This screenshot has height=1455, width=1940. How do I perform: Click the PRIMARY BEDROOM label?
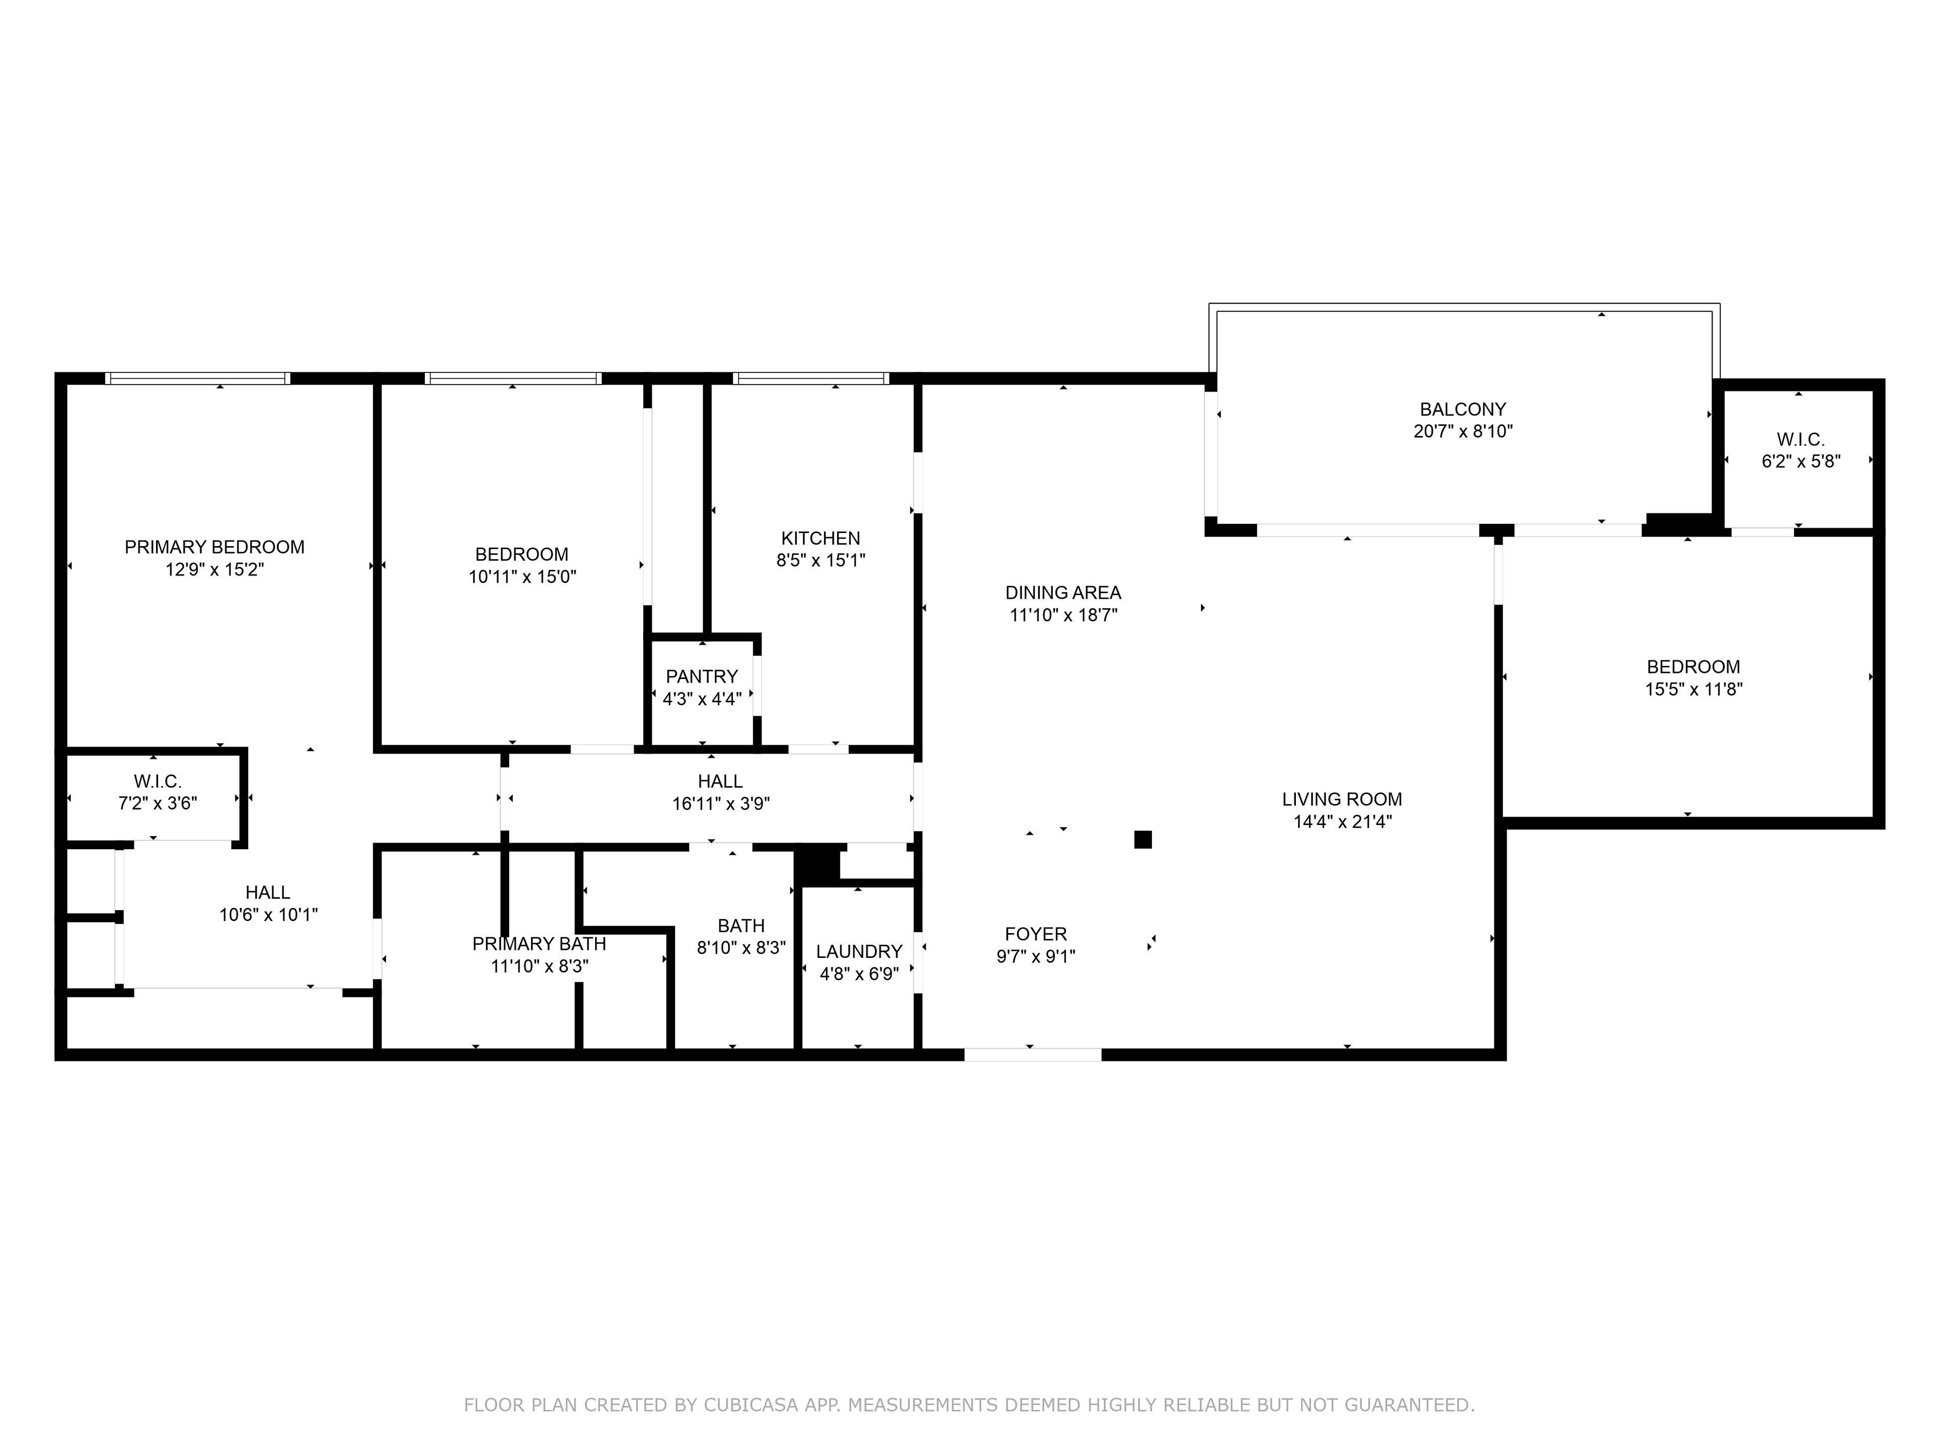click(x=214, y=547)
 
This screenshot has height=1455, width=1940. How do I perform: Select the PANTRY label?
click(x=702, y=676)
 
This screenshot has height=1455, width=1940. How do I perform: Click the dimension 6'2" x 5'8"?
click(x=1801, y=461)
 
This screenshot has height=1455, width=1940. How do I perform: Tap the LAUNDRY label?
click(x=859, y=952)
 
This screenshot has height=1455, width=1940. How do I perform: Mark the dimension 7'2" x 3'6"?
click(x=158, y=803)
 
